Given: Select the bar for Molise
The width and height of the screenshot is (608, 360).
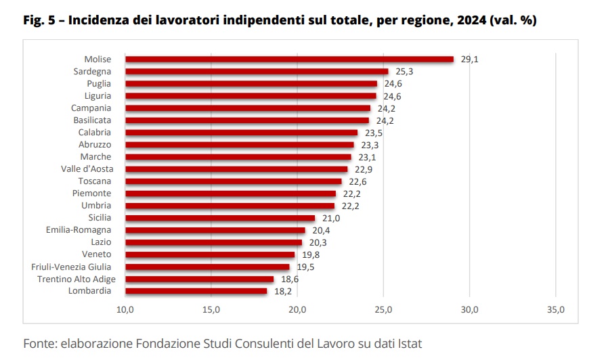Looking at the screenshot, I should [289, 59].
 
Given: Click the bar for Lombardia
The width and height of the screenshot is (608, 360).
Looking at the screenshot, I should [196, 291].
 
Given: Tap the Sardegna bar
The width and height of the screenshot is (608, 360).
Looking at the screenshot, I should [257, 71].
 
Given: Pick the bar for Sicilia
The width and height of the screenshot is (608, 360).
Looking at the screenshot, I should [220, 218].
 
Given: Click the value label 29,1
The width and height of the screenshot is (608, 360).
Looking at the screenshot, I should [470, 59].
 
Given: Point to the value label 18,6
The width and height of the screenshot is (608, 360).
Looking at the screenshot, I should [289, 279].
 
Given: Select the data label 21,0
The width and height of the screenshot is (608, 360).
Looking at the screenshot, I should [331, 218].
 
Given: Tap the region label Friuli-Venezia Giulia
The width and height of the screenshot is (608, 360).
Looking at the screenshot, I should [71, 267].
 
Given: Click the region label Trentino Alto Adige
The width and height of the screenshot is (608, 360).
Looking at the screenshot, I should [77, 279].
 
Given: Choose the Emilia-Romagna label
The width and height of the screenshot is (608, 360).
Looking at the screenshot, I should [79, 230].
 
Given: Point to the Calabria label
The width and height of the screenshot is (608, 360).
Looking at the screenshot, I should [94, 133].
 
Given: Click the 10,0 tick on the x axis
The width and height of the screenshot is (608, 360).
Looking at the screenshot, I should [125, 310].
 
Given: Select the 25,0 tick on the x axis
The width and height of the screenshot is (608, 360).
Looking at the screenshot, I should [384, 310].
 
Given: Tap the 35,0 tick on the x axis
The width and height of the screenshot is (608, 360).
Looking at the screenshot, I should [555, 310].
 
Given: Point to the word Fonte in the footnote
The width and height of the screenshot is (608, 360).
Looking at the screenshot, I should [39, 343].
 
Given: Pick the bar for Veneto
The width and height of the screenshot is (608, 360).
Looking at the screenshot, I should [210, 254].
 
